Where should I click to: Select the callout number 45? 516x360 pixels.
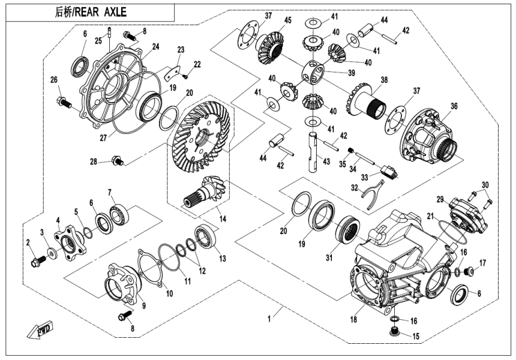[288, 21]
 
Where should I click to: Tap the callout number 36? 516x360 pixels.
[454, 106]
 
